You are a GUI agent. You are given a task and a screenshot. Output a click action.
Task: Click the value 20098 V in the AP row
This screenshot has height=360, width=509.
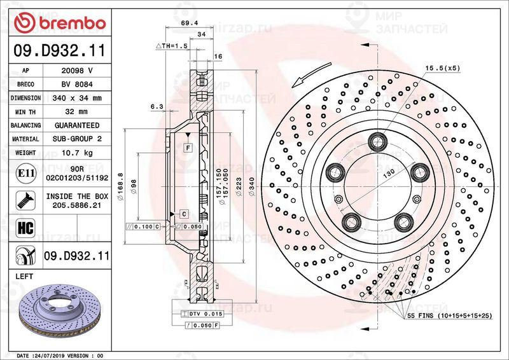[77, 71]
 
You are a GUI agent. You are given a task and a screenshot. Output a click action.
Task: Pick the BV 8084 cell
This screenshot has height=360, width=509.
[77, 85]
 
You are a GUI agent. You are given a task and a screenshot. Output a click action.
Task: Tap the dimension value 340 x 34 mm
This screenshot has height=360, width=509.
[77, 99]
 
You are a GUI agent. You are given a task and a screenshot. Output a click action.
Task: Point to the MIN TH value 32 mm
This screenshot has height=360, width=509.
[77, 112]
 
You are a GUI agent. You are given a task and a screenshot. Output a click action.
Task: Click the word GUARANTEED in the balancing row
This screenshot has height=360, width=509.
[77, 126]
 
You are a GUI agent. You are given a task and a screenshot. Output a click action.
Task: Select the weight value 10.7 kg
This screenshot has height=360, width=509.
[77, 153]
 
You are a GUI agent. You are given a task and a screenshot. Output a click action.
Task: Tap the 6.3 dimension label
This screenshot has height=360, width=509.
[157, 107]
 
